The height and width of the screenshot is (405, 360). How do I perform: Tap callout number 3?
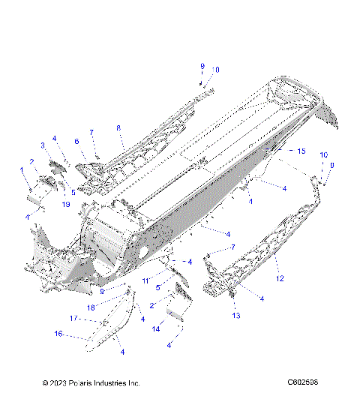coord(43,145)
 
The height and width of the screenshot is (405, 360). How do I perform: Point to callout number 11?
coord(146,280)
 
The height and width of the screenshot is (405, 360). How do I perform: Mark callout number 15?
coord(301,151)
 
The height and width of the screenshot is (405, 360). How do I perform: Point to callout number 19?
coord(67,203)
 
